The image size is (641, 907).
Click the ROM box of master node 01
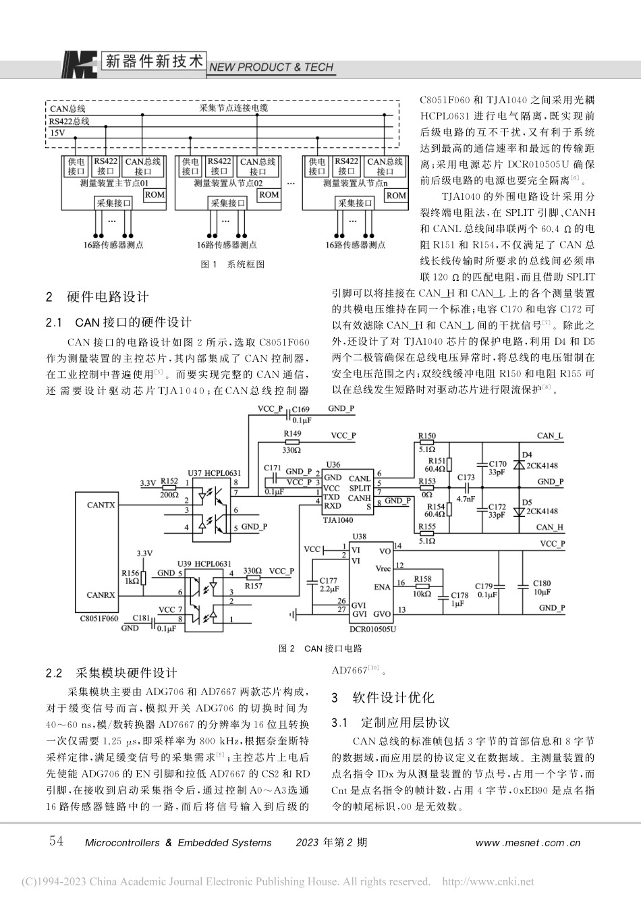point(155,195)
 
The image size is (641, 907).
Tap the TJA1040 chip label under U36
point(337,520)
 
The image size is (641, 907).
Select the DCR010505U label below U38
point(372,629)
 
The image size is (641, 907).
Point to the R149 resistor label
point(292,434)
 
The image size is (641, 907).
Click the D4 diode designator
point(527,455)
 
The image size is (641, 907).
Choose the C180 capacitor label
point(541,584)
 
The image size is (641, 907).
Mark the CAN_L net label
point(549,436)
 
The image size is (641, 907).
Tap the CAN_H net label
point(549,527)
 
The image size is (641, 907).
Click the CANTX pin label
point(101,504)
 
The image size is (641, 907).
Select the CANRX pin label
point(101,595)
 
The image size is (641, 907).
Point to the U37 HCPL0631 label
point(213,474)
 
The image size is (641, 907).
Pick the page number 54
point(57,841)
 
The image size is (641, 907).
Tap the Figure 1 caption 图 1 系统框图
point(233,265)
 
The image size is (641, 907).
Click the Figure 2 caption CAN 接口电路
point(320,649)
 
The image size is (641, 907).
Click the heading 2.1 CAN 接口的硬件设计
point(119,323)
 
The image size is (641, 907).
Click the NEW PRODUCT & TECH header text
point(271,67)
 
